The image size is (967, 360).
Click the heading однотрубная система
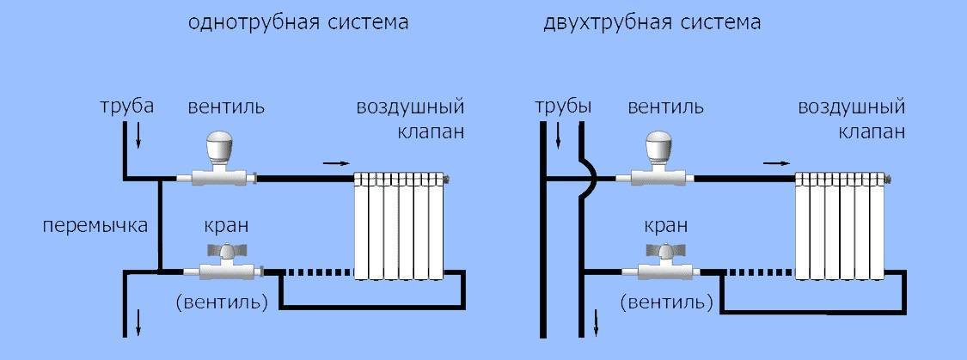298,23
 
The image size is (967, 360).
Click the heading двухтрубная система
652,23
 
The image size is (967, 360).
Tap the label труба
127,107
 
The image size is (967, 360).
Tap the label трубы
563,107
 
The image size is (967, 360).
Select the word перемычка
95,226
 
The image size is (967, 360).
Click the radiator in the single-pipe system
400,226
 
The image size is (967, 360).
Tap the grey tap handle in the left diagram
218,251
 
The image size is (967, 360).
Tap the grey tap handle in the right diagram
659,251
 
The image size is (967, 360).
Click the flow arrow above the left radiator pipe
335,163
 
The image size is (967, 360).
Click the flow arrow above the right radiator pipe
776,163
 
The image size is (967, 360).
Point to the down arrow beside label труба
138,137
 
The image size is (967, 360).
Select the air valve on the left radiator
447,180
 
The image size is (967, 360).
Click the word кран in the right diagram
665,226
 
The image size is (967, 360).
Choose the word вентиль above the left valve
226,107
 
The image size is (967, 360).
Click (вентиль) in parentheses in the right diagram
667,303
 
